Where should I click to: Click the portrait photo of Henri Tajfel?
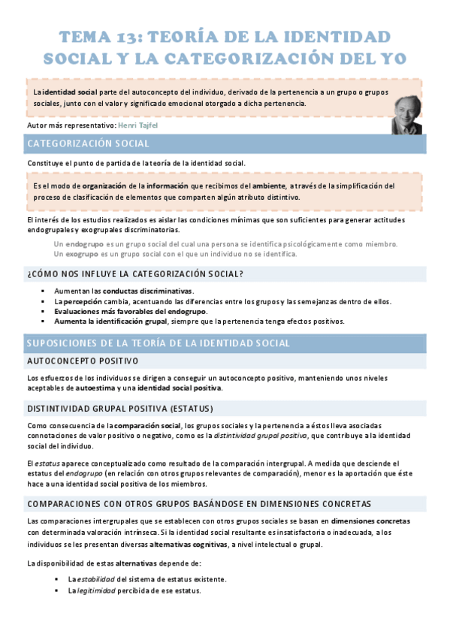click(406, 114)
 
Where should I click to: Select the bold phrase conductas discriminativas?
click(147, 291)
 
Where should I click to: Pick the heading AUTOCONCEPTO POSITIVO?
click(77, 361)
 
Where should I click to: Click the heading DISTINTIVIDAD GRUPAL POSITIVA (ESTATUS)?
click(119, 409)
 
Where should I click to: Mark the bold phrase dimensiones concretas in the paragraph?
click(370, 521)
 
